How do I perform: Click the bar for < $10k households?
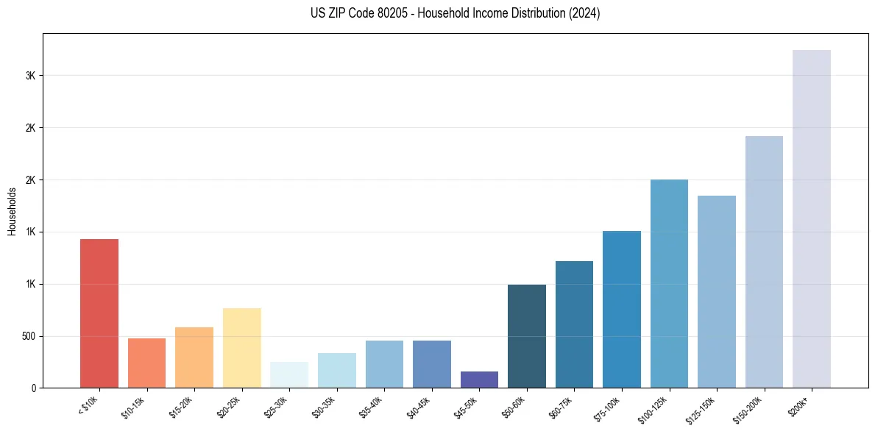click(x=99, y=313)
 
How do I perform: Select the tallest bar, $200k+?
click(x=811, y=219)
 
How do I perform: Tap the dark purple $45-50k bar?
click(x=479, y=380)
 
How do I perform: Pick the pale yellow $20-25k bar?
click(x=241, y=348)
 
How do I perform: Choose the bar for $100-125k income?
click(x=669, y=284)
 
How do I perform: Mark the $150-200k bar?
click(x=764, y=262)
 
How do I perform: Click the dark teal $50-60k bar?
click(x=527, y=336)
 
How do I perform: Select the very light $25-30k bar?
click(x=289, y=374)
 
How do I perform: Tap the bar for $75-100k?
click(x=622, y=310)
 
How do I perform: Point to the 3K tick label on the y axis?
click(x=29, y=76)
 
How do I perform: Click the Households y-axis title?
click(x=12, y=210)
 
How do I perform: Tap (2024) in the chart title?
click(x=585, y=13)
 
